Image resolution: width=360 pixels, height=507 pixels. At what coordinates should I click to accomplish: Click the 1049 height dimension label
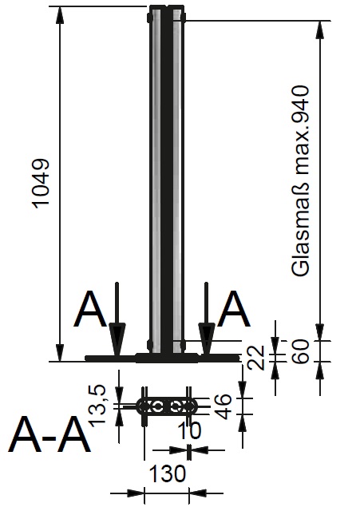pyautogui.click(x=42, y=183)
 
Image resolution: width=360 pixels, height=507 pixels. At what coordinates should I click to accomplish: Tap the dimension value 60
pyautogui.click(x=302, y=351)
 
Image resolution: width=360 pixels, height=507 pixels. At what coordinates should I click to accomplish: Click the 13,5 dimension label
pyautogui.click(x=97, y=405)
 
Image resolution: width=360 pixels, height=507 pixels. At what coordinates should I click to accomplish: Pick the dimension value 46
pyautogui.click(x=224, y=406)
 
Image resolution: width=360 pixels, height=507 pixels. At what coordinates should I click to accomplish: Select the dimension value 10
pyautogui.click(x=189, y=430)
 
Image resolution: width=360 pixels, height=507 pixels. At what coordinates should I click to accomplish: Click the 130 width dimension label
pyautogui.click(x=168, y=473)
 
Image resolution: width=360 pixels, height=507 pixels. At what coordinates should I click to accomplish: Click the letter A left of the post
pyautogui.click(x=90, y=309)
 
